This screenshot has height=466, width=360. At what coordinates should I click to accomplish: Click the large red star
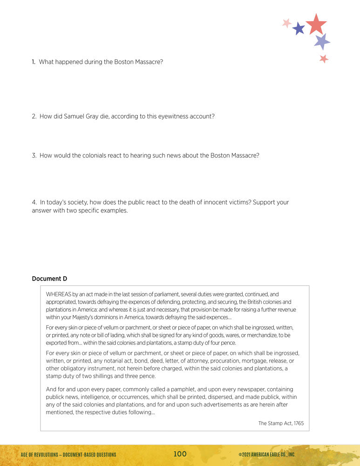tap(316, 24)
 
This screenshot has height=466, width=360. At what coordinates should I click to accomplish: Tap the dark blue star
tap(299, 29)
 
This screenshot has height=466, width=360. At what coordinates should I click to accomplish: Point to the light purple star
tap(322, 41)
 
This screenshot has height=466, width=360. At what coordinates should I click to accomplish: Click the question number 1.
tap(34, 62)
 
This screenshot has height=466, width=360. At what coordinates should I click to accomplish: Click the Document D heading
tap(49, 279)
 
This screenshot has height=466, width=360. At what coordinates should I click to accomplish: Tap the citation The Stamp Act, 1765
tap(281, 423)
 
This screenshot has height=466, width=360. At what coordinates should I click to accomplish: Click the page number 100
tap(180, 454)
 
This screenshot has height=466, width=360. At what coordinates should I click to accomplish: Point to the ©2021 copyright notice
tap(266, 454)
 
